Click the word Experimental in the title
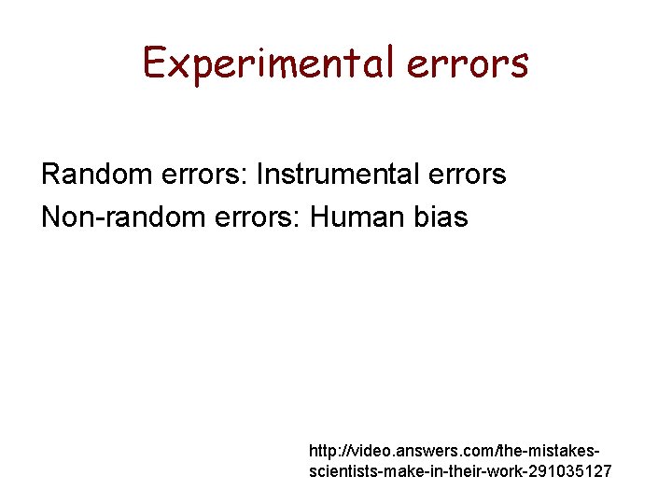point(267,63)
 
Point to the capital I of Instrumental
point(259,174)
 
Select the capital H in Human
point(318,217)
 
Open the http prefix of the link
point(323,451)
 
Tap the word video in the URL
point(369,451)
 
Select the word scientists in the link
point(339,471)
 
